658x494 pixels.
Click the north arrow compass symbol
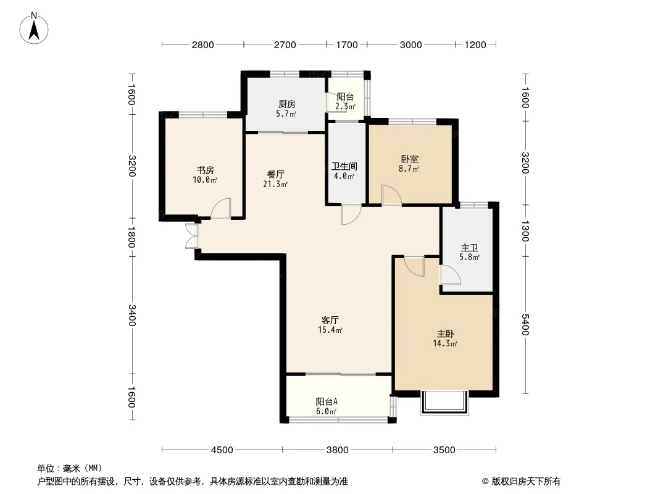click(x=34, y=28)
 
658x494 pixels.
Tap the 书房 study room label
click(x=206, y=170)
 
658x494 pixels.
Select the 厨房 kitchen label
click(x=286, y=104)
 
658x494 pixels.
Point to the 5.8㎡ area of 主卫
click(x=469, y=257)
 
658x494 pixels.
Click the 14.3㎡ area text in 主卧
click(x=445, y=343)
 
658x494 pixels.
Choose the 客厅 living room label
click(x=330, y=320)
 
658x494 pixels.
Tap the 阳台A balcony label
click(x=327, y=401)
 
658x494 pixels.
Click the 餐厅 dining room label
click(x=276, y=174)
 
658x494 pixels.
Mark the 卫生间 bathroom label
click(x=344, y=166)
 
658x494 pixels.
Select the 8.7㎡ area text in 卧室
click(x=409, y=169)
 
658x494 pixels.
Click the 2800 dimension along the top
click(x=202, y=45)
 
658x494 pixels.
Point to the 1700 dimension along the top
click(x=347, y=45)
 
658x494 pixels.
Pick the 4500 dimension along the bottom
click(x=222, y=450)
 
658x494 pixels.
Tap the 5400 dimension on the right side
click(x=525, y=324)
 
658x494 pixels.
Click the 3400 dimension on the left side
click(x=131, y=315)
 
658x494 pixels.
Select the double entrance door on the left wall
click(x=191, y=235)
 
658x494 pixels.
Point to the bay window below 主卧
click(x=444, y=403)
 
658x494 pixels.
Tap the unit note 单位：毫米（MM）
click(x=70, y=469)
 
